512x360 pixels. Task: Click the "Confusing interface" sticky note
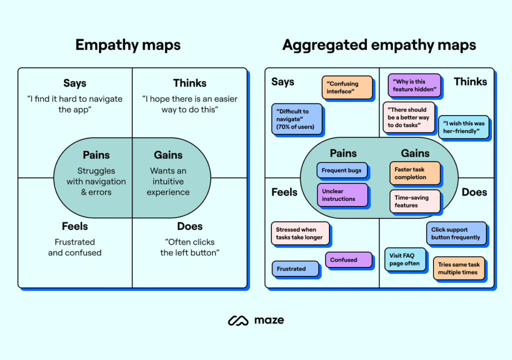point(346,87)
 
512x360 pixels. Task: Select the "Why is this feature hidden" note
point(414,85)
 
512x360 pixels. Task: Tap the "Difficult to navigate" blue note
point(296,119)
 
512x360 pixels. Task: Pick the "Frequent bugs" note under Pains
point(341,170)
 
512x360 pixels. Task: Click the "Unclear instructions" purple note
point(342,195)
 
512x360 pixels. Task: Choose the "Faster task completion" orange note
point(414,173)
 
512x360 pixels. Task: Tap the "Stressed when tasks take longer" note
point(300,233)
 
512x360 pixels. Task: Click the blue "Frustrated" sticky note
point(295,268)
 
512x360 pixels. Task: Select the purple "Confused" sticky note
point(348,260)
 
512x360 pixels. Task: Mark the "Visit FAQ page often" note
point(405,259)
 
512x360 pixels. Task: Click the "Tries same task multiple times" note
point(458,268)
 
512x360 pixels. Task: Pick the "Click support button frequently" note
point(455,233)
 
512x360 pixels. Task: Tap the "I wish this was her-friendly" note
point(463,127)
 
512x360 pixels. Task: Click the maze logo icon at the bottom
point(238,320)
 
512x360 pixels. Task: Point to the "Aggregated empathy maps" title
point(379,45)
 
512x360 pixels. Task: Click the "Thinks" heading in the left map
point(189,83)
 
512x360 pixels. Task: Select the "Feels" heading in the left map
point(74,226)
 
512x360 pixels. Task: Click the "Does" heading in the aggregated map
point(474,192)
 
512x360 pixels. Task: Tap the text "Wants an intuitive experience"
point(168,181)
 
